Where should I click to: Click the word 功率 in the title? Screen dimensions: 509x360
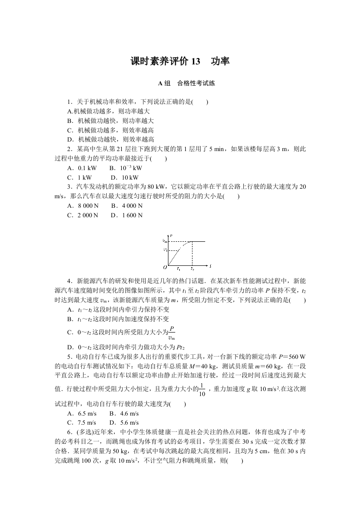[x=220, y=61]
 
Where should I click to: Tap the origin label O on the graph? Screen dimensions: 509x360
[x=165, y=267]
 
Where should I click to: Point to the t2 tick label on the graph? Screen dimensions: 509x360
[x=192, y=269]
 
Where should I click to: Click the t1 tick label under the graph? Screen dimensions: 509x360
[x=178, y=269]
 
